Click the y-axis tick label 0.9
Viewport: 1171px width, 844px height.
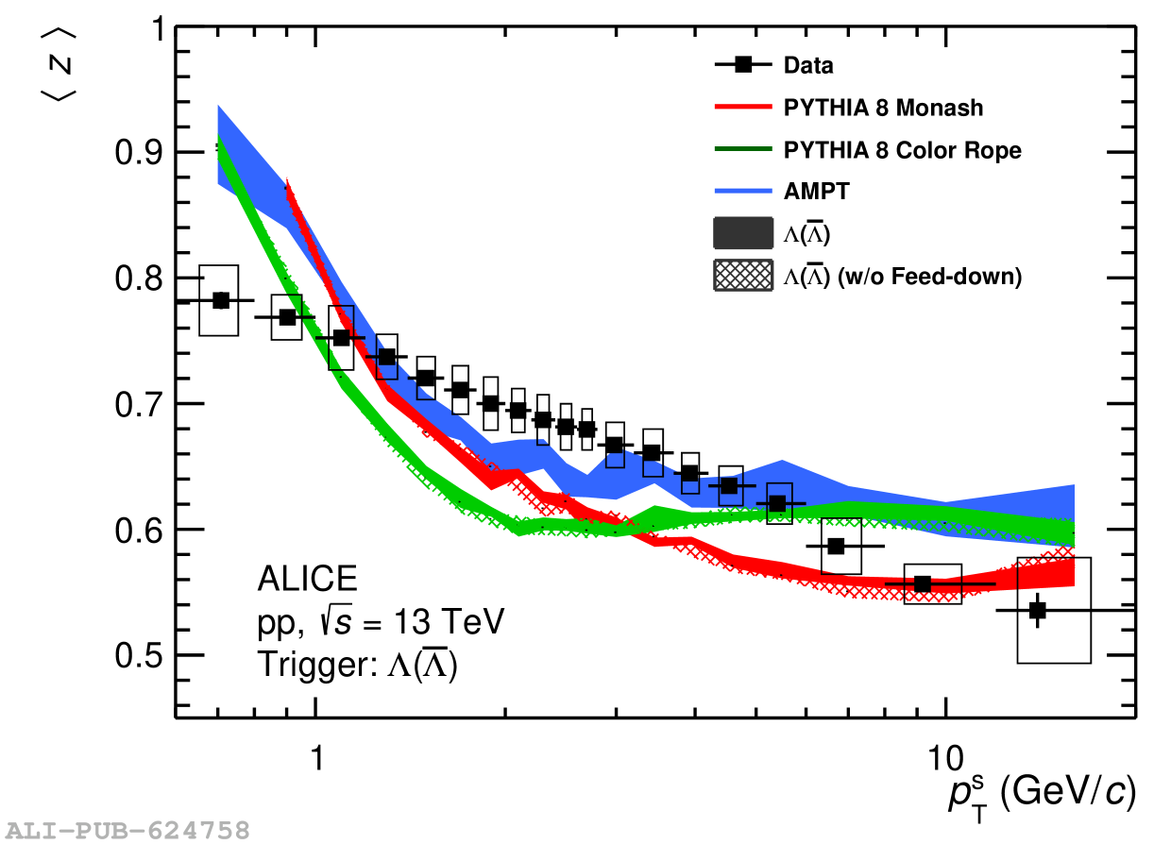[x=138, y=153]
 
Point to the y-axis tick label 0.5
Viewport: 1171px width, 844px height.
[x=138, y=655]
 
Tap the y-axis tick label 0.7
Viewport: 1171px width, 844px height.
[x=138, y=404]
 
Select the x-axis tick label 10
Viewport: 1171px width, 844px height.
[x=945, y=758]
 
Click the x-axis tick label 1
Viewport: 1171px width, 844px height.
[x=317, y=758]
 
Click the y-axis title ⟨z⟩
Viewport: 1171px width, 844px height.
[x=59, y=65]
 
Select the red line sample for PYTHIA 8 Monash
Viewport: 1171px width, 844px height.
[x=743, y=107]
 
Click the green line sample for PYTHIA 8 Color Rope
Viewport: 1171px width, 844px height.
[x=743, y=149]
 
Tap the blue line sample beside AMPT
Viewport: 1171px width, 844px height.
[x=743, y=192]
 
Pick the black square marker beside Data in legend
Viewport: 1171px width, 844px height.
[x=743, y=65]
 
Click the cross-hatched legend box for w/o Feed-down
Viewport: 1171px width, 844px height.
[x=743, y=276]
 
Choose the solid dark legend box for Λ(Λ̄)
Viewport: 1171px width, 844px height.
[x=743, y=233]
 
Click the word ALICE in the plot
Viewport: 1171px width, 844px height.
[x=308, y=579]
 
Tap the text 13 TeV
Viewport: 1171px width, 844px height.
[x=449, y=622]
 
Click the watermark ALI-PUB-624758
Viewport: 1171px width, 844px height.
[x=127, y=831]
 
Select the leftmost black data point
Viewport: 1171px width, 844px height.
[x=221, y=300]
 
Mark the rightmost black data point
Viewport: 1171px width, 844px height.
[x=1037, y=611]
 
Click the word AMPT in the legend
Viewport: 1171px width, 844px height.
[x=816, y=192]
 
